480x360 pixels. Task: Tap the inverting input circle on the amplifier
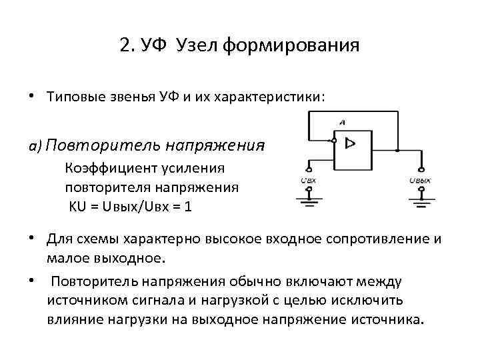[333, 141]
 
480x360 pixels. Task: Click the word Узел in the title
[195, 46]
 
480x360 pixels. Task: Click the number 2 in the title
[125, 46]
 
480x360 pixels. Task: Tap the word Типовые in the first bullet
[73, 97]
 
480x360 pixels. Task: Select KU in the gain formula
[79, 207]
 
